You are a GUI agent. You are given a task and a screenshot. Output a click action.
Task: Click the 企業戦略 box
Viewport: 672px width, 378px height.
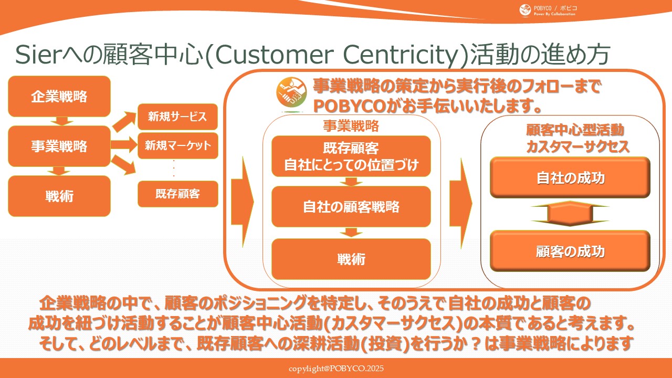tap(59, 97)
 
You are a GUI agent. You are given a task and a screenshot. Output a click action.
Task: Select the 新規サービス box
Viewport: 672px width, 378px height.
tap(177, 117)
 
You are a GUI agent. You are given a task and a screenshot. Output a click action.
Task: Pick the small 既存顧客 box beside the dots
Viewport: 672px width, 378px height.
tap(177, 194)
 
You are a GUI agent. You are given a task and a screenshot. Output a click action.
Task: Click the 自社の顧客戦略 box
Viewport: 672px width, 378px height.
tap(351, 207)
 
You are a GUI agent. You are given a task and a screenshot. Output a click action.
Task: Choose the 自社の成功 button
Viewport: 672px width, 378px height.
tap(570, 178)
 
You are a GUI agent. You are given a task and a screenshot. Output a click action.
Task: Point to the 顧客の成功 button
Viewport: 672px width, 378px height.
tap(570, 251)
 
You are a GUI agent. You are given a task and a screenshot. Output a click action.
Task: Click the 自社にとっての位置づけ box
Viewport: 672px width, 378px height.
tap(351, 156)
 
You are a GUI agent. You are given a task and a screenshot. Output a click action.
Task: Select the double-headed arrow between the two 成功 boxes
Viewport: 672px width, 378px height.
tap(570, 214)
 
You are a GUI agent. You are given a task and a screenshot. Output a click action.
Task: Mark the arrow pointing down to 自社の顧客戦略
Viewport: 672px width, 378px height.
tap(351, 182)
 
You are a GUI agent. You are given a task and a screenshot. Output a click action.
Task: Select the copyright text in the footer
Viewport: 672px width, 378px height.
tap(336, 369)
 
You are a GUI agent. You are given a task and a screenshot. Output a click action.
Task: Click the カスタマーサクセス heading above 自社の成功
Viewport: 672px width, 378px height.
tap(577, 147)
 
